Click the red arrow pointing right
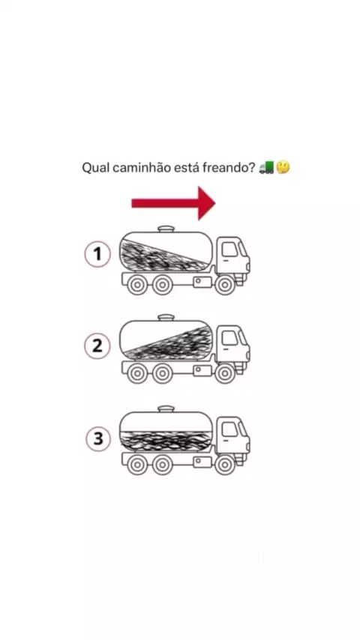[x=173, y=203]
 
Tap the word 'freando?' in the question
[x=229, y=167]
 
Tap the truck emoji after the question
[x=266, y=167]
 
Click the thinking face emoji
[x=283, y=167]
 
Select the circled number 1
[x=97, y=254]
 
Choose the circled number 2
[x=97, y=345]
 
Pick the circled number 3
[x=98, y=438]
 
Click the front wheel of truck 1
[x=225, y=285]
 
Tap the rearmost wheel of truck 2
[x=137, y=373]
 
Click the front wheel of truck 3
[x=225, y=465]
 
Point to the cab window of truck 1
[x=229, y=249]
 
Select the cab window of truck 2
[x=229, y=338]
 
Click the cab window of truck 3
[x=229, y=429]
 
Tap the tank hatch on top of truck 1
[x=166, y=229]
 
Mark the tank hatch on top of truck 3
[x=166, y=409]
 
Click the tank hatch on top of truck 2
[x=166, y=318]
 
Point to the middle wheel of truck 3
[x=163, y=465]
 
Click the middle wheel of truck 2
[x=163, y=373]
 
